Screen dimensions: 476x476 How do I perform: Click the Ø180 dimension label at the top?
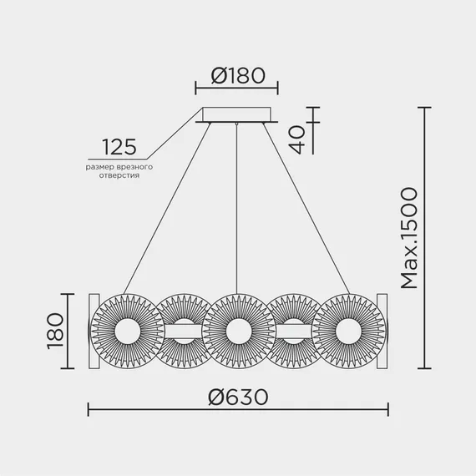[x=238, y=76]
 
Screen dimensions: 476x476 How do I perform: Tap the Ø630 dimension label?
[x=238, y=397]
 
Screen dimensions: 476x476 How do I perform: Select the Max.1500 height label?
[x=409, y=238]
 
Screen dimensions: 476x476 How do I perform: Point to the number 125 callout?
[x=119, y=147]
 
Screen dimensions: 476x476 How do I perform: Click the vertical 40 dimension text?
[x=297, y=139]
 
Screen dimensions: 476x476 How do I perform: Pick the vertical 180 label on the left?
[x=56, y=332]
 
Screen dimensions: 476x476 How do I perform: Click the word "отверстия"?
[x=119, y=175]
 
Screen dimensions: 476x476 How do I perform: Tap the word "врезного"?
[x=134, y=167]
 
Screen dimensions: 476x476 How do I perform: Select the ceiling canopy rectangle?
[x=237, y=114]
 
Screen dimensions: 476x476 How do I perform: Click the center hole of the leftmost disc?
[x=128, y=332]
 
